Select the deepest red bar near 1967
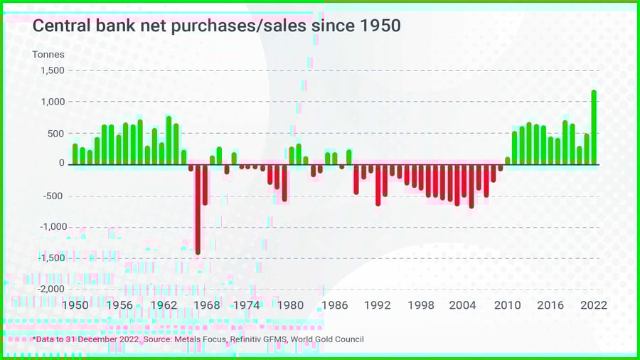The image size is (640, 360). (x=198, y=209)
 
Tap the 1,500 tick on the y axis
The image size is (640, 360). (x=52, y=71)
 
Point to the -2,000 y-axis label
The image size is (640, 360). (x=50, y=290)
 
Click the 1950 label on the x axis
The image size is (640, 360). (x=75, y=305)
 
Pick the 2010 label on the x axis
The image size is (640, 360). (x=508, y=305)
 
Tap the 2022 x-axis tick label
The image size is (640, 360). (x=594, y=305)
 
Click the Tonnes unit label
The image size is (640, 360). (x=48, y=54)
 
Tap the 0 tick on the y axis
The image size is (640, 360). (x=61, y=164)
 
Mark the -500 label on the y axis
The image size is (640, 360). (x=53, y=196)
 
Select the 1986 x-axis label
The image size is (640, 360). (x=335, y=305)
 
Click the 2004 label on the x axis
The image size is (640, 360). (x=463, y=305)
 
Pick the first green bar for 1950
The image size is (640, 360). (x=75, y=154)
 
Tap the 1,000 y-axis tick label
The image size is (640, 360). (x=52, y=102)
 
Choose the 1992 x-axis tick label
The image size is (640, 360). (x=378, y=305)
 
